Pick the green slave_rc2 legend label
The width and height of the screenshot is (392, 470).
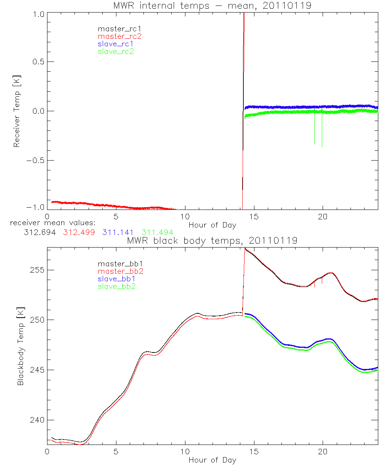[x=116, y=51]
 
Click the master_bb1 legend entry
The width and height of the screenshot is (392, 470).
[x=117, y=264]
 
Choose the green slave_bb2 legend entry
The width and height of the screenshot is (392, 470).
[x=117, y=287]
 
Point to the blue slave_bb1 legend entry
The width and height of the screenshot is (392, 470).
[x=117, y=279]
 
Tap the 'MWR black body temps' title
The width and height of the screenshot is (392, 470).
[x=212, y=240]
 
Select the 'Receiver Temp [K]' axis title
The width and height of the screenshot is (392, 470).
[x=16, y=111]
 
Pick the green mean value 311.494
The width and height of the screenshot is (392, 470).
[x=157, y=232]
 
